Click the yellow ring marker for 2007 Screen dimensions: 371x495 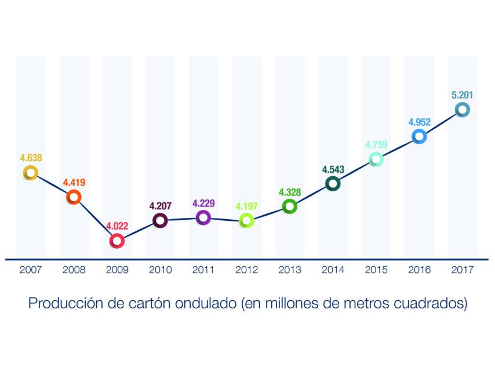[x=30, y=173]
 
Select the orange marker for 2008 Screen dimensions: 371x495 [x=74, y=198]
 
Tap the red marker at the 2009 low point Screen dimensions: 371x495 [x=117, y=241]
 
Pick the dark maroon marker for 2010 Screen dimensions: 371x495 [x=160, y=220]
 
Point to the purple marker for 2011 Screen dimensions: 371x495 [x=203, y=217]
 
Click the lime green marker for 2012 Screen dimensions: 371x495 [x=246, y=220]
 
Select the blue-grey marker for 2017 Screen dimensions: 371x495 [x=462, y=110]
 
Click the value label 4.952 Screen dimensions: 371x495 [x=419, y=122]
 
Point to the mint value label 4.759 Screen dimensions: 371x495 [x=376, y=145]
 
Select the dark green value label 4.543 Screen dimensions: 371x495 [x=332, y=170]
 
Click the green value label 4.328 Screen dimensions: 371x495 [x=289, y=192]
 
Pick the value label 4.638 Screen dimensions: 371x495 [x=31, y=157]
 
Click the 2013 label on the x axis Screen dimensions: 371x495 [x=289, y=270]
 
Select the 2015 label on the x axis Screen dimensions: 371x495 [x=376, y=270]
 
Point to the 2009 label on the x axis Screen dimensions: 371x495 [x=117, y=270]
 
